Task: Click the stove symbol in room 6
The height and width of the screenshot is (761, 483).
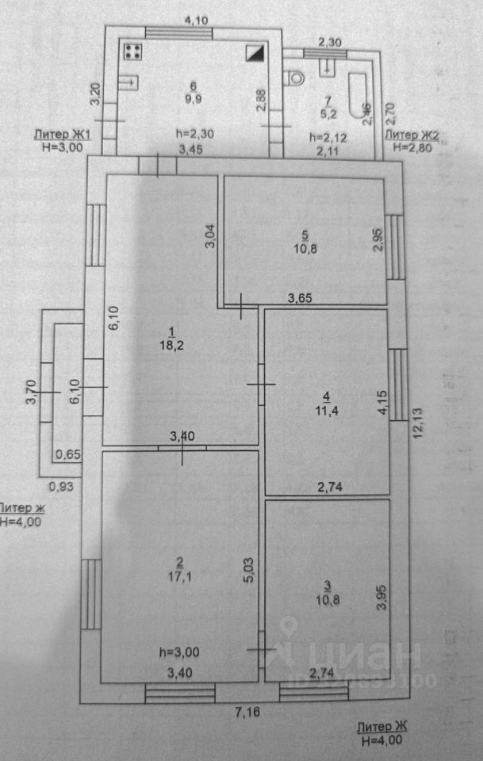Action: [x=133, y=52]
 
